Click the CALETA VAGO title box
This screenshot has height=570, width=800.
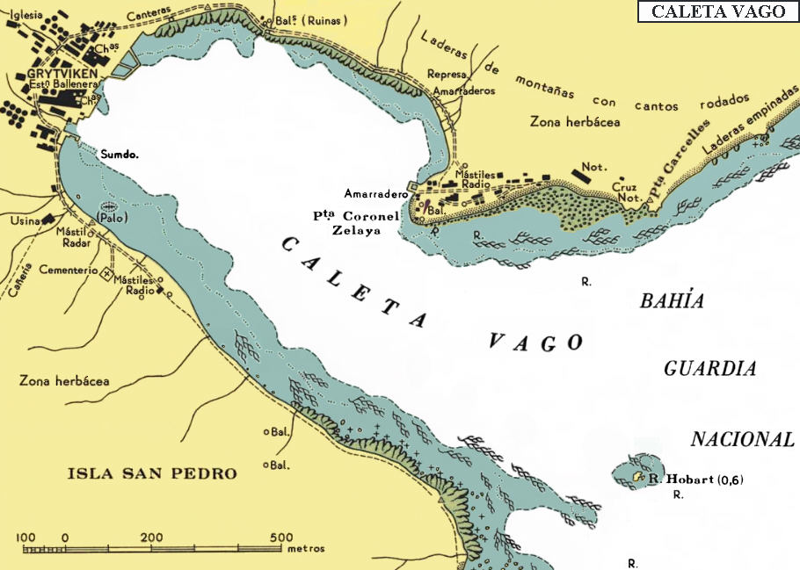tap(718, 11)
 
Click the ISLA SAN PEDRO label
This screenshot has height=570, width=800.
tap(152, 474)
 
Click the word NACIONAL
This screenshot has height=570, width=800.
tap(742, 439)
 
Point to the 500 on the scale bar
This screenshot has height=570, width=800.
tap(282, 537)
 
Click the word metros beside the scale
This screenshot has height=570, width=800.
tap(305, 549)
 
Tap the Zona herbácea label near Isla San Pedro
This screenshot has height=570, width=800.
tap(64, 381)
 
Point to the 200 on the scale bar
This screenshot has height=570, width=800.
tap(152, 537)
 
